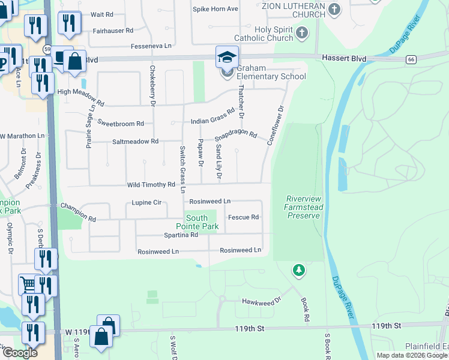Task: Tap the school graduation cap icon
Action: coord(228,57)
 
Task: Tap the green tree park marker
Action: coord(299,271)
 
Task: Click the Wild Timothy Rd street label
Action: coord(150,185)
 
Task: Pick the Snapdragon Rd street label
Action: coord(236,136)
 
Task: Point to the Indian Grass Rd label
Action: coord(212,121)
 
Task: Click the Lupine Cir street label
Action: coord(146,203)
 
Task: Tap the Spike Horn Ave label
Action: coord(215,9)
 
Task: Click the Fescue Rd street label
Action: coord(243,217)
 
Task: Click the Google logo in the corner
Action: coord(20,353)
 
